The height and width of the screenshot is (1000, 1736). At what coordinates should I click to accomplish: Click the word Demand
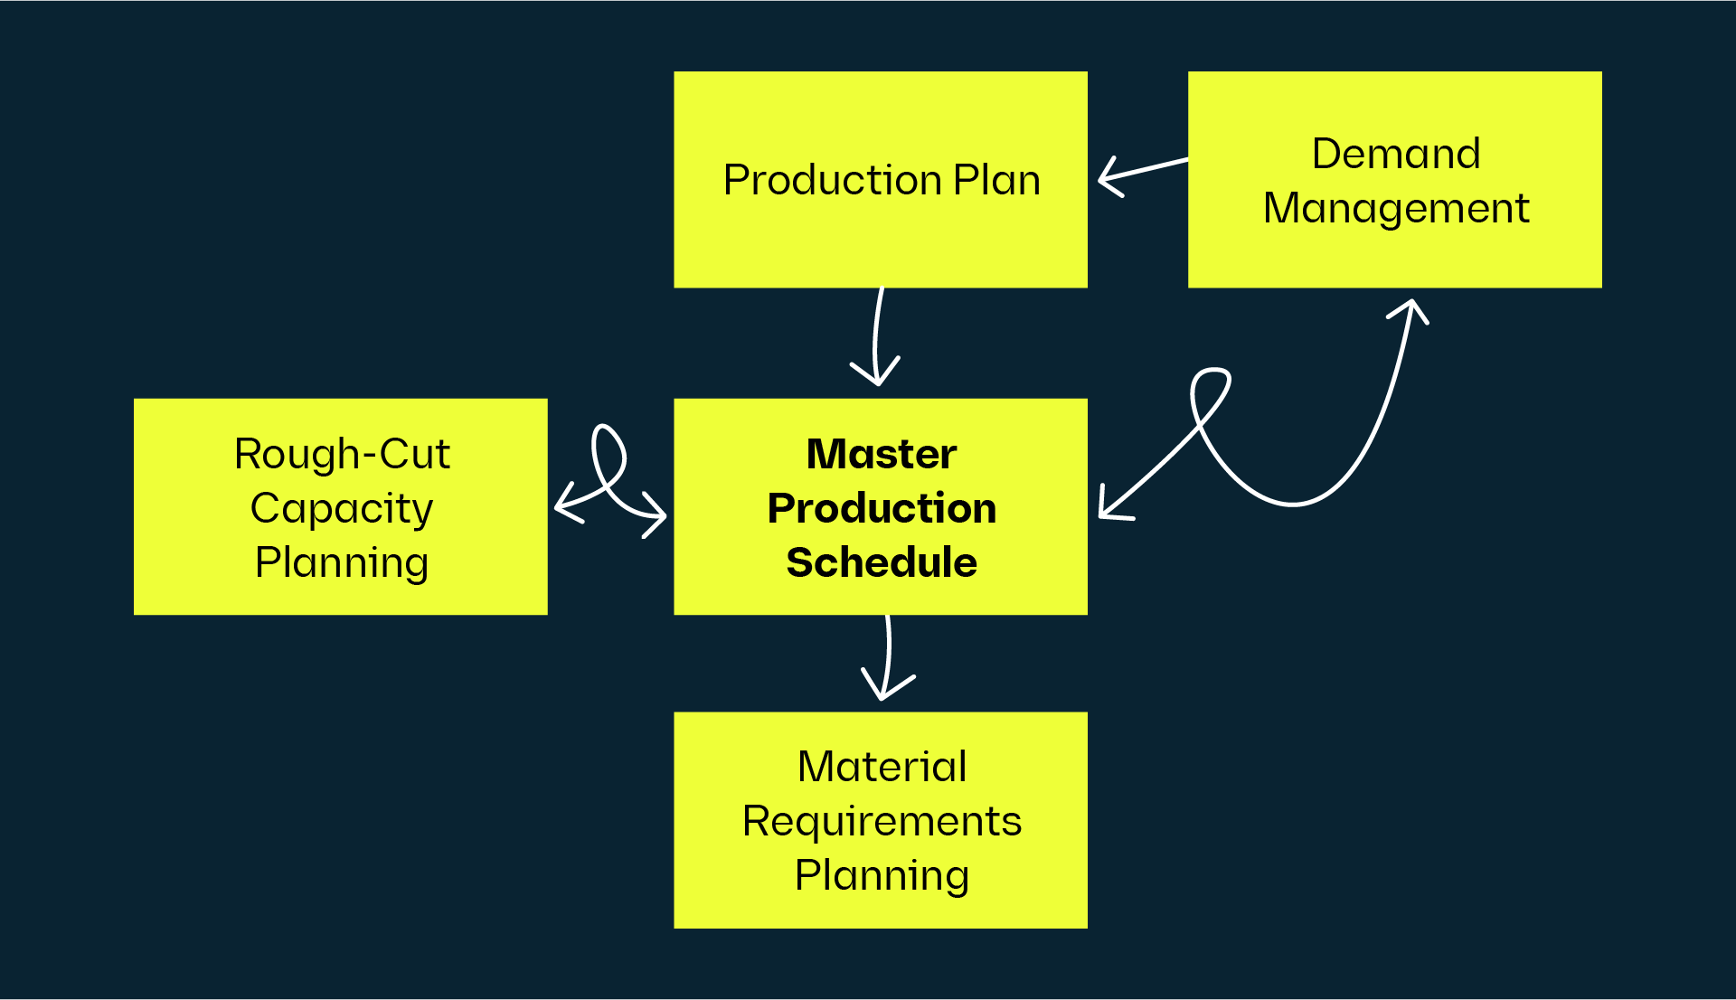1395,154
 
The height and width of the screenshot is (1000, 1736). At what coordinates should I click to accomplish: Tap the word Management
1395,209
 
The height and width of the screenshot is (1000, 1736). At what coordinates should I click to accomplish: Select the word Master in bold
881,454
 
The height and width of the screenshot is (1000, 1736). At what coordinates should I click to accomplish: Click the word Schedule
881,562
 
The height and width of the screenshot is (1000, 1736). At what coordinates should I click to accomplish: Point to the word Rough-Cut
342,454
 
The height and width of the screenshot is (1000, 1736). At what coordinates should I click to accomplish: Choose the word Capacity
342,509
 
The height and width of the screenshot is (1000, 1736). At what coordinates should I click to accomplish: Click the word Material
882,767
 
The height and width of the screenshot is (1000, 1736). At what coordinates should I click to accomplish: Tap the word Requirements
882,821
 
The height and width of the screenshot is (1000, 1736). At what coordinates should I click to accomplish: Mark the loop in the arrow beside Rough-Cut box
609,452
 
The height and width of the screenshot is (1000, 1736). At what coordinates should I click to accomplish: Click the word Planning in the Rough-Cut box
342,563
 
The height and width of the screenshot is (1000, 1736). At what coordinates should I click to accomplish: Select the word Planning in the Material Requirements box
882,875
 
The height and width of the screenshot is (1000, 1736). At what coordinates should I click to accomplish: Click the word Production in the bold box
881,508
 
